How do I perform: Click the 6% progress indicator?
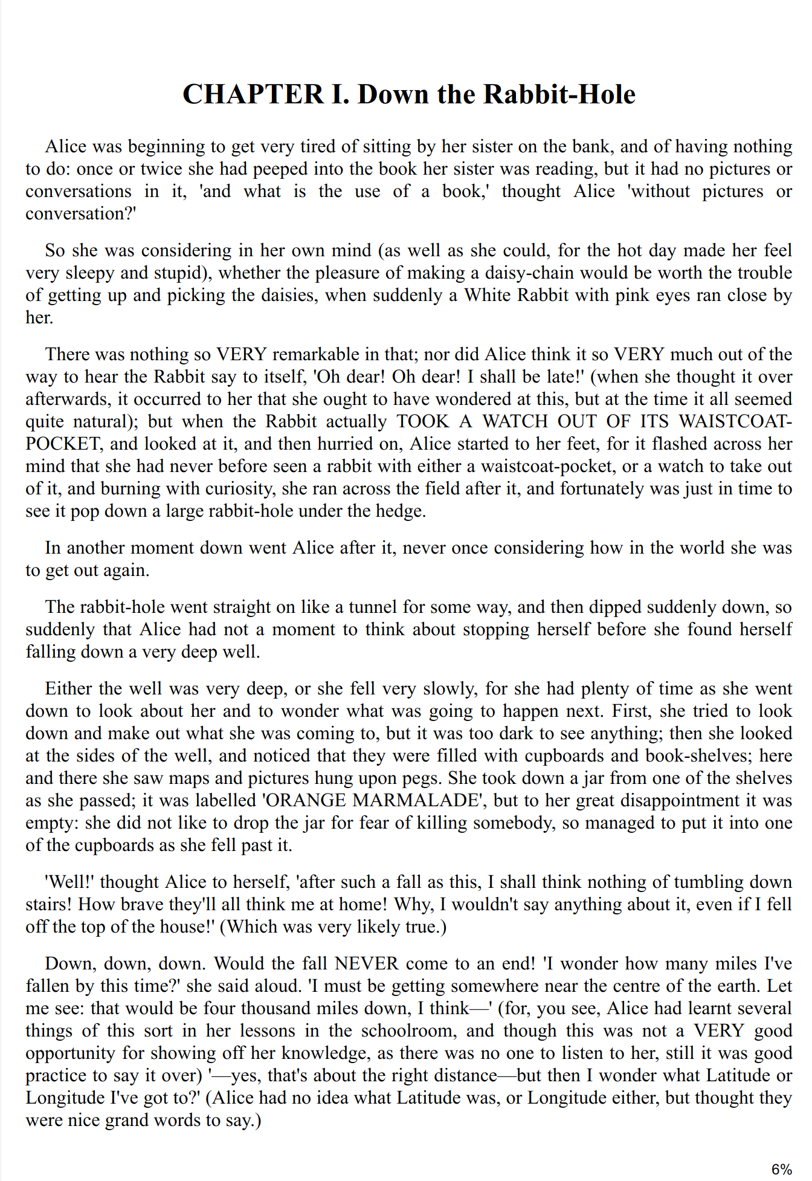(x=781, y=1169)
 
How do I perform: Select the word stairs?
(x=47, y=904)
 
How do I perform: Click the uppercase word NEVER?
(x=367, y=963)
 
